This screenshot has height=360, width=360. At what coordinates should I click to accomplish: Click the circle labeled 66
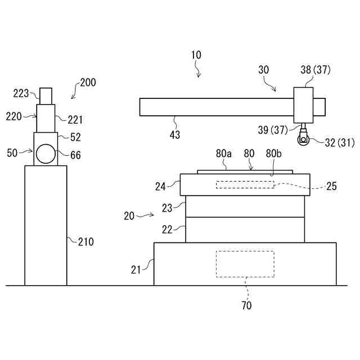click(x=46, y=153)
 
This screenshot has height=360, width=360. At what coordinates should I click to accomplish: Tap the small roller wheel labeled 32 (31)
click(x=304, y=138)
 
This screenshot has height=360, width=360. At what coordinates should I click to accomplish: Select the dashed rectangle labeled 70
click(x=245, y=264)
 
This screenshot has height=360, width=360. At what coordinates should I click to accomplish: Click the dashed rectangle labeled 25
click(x=245, y=184)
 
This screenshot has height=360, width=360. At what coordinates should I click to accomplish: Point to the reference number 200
click(x=88, y=82)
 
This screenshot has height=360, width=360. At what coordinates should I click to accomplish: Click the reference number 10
click(x=196, y=55)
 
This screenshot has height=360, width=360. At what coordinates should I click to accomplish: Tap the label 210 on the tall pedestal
click(x=85, y=242)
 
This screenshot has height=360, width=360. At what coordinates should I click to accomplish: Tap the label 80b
click(x=273, y=153)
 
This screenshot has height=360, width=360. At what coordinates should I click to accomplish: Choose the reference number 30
click(x=263, y=70)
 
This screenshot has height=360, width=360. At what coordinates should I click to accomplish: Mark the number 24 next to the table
click(x=161, y=186)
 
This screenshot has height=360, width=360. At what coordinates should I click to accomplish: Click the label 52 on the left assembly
click(x=75, y=137)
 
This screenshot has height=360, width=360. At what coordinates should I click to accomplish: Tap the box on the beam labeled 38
click(x=304, y=105)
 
